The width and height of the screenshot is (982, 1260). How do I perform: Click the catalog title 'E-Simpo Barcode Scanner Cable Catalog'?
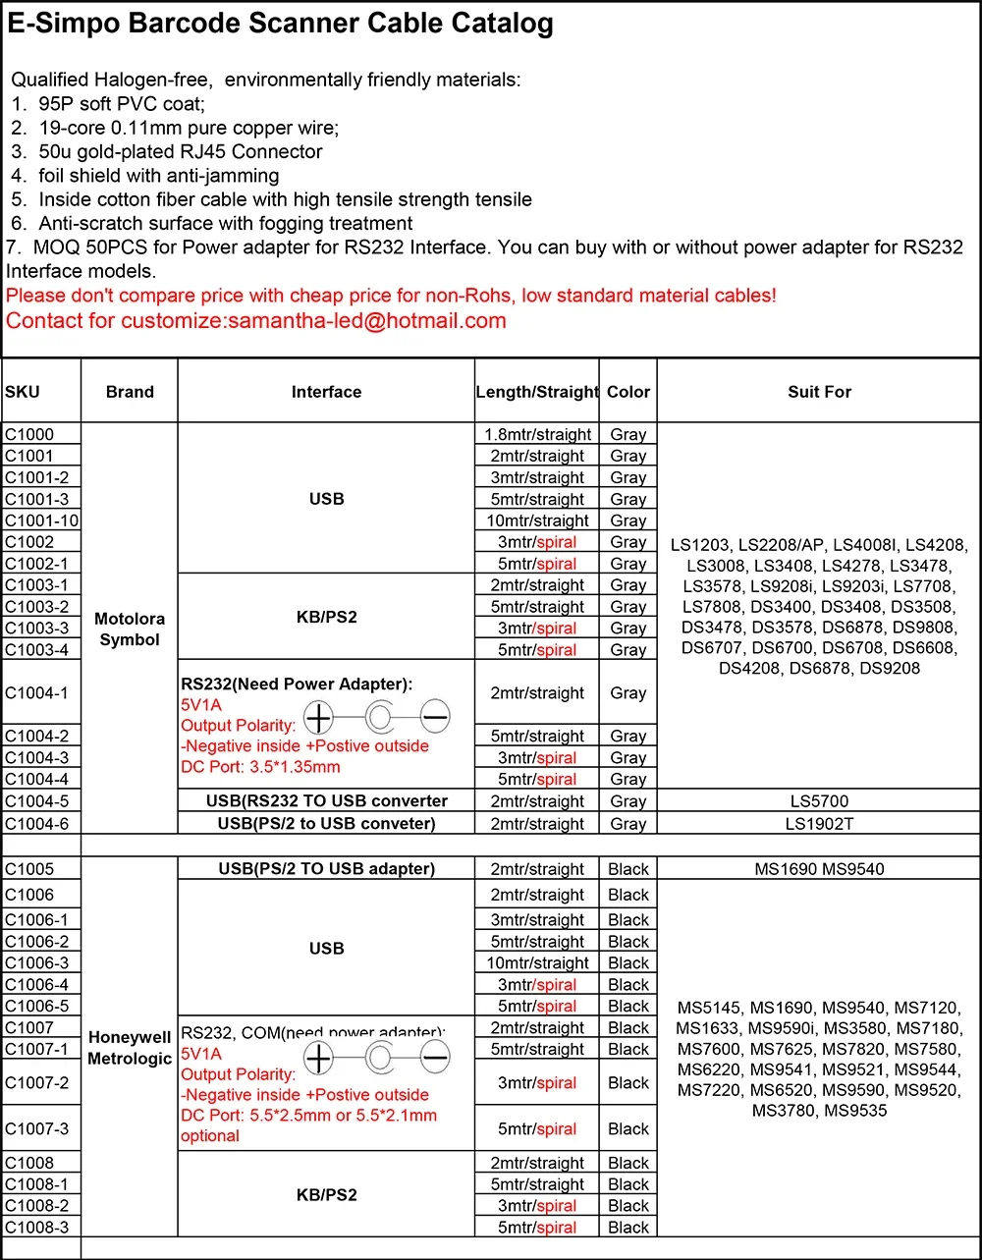pyautogui.click(x=281, y=25)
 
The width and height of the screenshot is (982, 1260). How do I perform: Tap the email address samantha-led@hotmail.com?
pyautogui.click(x=367, y=320)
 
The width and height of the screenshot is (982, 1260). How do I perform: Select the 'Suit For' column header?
pyautogui.click(x=819, y=392)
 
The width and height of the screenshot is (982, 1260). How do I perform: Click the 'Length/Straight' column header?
pyautogui.click(x=537, y=392)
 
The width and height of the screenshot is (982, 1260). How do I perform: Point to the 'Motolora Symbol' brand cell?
pyautogui.click(x=130, y=629)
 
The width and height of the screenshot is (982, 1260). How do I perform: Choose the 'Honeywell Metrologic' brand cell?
pyautogui.click(x=130, y=1048)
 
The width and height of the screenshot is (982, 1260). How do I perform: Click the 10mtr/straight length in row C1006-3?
pyautogui.click(x=537, y=963)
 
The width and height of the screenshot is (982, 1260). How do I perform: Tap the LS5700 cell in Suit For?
pyautogui.click(x=819, y=801)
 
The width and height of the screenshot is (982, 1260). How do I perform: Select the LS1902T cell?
pyautogui.click(x=819, y=823)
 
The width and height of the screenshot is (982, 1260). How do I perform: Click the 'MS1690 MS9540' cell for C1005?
pyautogui.click(x=819, y=869)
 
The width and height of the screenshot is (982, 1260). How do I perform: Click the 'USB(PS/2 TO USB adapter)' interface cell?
pyautogui.click(x=327, y=869)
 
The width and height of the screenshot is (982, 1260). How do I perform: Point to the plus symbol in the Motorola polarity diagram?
pyautogui.click(x=319, y=718)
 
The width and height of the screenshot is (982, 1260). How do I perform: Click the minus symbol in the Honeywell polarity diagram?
pyautogui.click(x=435, y=1058)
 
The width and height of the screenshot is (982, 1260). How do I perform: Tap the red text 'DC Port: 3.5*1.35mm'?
pyautogui.click(x=260, y=767)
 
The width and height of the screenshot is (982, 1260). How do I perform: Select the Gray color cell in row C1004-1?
pyautogui.click(x=628, y=693)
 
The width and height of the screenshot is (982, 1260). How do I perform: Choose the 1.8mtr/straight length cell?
pyautogui.click(x=537, y=434)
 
